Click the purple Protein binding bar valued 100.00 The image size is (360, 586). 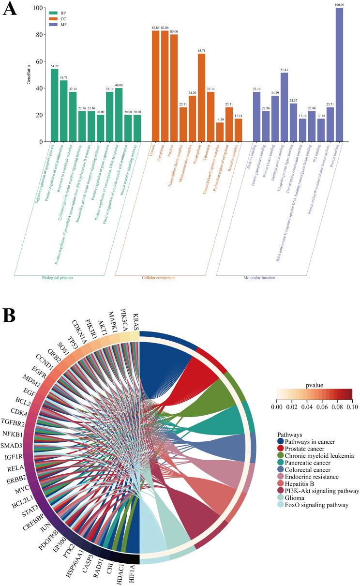[339, 75]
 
